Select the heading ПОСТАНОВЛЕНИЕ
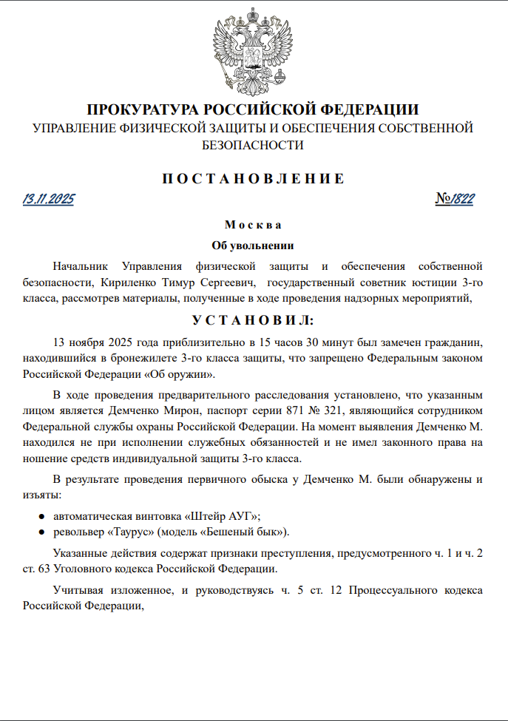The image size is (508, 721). pos(254,178)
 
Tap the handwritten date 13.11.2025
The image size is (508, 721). pos(49,199)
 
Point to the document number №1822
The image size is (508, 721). pos(455,199)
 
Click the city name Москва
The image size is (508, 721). pos(253,225)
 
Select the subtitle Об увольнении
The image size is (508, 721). pos(254,245)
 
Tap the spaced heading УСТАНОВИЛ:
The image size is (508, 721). pos(254,321)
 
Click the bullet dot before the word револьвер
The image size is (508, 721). pos(42,532)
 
